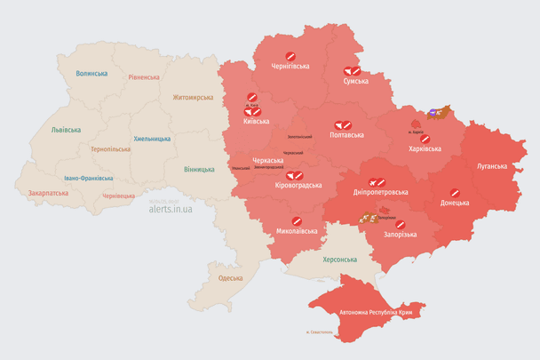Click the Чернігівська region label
click(x=290, y=67)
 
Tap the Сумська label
click(x=356, y=81)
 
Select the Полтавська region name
click(x=346, y=135)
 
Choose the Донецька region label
click(x=454, y=203)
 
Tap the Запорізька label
click(x=399, y=235)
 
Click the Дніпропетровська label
click(x=381, y=192)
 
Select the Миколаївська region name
click(x=297, y=231)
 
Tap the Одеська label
click(x=230, y=278)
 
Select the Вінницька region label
click(x=199, y=169)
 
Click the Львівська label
click(x=66, y=130)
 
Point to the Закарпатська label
click(x=48, y=192)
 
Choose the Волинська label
click(x=91, y=74)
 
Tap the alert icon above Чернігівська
click(x=290, y=56)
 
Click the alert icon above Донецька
click(x=454, y=192)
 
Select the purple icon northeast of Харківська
click(x=433, y=113)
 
